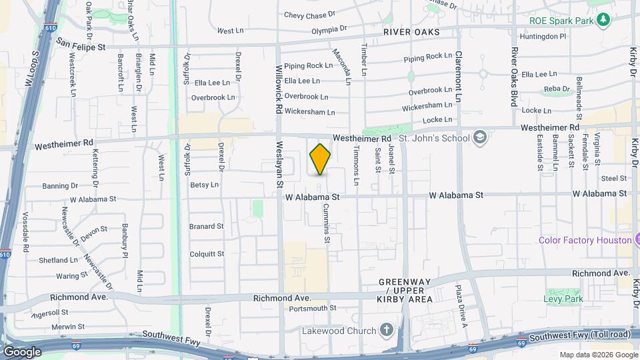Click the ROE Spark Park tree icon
pyautogui.click(x=603, y=19)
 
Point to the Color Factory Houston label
pyautogui.click(x=585, y=240)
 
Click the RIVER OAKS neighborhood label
pyautogui.click(x=411, y=32)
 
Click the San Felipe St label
pyautogui.click(x=81, y=47)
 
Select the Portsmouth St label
pyautogui.click(x=313, y=308)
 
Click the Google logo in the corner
pyautogui.click(x=22, y=351)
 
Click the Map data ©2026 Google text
pyautogui.click(x=598, y=355)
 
